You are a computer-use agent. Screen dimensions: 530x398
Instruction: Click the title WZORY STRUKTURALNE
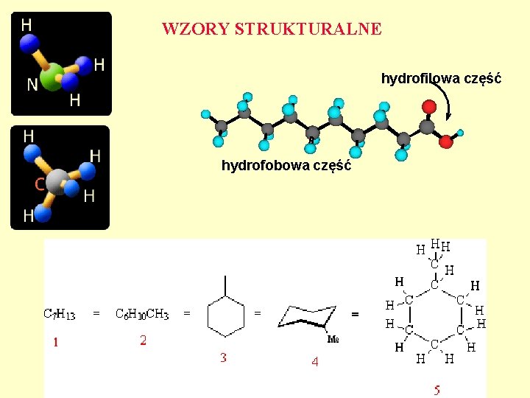[272, 29]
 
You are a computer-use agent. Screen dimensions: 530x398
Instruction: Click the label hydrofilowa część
[441, 78]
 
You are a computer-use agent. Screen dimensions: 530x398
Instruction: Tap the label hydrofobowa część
[286, 166]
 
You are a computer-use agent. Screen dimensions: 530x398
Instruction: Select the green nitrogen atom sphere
[52, 77]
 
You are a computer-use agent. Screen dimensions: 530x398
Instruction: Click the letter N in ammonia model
[32, 85]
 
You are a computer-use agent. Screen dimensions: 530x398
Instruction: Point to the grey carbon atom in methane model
[57, 180]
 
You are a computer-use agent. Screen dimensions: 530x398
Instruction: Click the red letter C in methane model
[40, 184]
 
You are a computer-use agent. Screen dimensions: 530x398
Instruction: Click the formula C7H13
[60, 314]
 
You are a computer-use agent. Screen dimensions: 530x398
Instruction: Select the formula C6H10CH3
[142, 314]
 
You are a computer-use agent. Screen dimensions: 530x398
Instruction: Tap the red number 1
[55, 341]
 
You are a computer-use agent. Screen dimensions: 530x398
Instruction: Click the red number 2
[143, 340]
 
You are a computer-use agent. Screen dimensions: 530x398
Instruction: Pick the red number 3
[223, 358]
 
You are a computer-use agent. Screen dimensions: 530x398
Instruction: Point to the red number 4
[314, 362]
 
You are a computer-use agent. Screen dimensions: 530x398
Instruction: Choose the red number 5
[437, 390]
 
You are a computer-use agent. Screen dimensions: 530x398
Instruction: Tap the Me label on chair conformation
[333, 340]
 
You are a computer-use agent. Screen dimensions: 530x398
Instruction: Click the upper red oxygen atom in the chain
[429, 107]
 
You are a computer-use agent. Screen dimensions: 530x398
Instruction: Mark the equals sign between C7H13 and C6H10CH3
[96, 313]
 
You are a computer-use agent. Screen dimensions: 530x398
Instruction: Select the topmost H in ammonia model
[26, 25]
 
